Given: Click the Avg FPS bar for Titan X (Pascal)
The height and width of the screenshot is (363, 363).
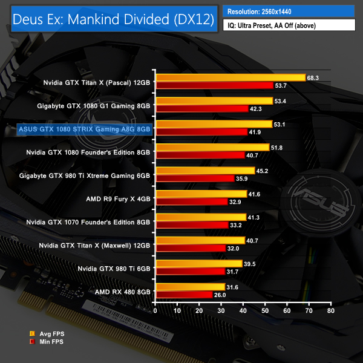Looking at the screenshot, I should coord(231,77).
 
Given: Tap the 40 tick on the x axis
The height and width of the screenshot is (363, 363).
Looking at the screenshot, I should coord(243,311).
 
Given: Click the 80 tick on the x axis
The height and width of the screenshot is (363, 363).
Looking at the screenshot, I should coord(330,311).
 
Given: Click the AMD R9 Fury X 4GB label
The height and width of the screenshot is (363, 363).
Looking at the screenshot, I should coord(119,198).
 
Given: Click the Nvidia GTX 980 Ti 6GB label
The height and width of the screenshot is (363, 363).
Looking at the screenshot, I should coord(114,267).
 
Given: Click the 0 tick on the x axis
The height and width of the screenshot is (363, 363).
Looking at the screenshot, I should coord(156,311).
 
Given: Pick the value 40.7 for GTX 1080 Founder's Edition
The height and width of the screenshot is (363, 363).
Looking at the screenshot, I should coord(253,155).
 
